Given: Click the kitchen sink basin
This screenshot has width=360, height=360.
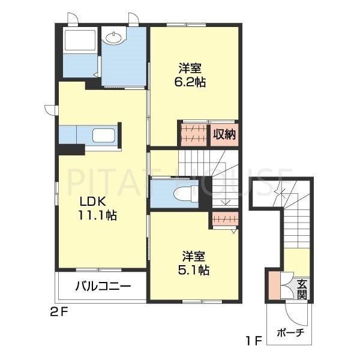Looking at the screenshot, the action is coord(104,136).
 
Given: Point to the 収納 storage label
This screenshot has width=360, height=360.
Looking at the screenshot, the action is coord(224,134).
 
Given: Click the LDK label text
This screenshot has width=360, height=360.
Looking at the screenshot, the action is coord(92,202).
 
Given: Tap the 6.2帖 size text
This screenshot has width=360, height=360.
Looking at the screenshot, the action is coord(190,82).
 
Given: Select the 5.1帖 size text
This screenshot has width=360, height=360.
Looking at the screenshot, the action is coord(194,270).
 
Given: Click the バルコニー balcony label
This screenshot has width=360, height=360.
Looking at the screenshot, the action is coord(103,286).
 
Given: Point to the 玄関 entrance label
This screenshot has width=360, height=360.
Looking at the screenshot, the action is coord(302,290).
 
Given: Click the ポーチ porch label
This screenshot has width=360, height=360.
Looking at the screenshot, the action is coord(290,332).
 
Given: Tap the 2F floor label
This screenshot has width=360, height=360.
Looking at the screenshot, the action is coord(59,312).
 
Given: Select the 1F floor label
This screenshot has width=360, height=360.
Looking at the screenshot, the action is coord(254,341).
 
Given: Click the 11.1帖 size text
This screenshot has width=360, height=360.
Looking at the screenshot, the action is coord(98,215).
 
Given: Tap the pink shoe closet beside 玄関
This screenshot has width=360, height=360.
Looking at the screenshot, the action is coord(275,286).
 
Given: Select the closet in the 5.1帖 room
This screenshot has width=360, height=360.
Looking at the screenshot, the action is coord(225,218).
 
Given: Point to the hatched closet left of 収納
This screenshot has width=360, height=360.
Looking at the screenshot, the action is coord(194,134).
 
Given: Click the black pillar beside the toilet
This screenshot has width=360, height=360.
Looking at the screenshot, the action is coord(205,192).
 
